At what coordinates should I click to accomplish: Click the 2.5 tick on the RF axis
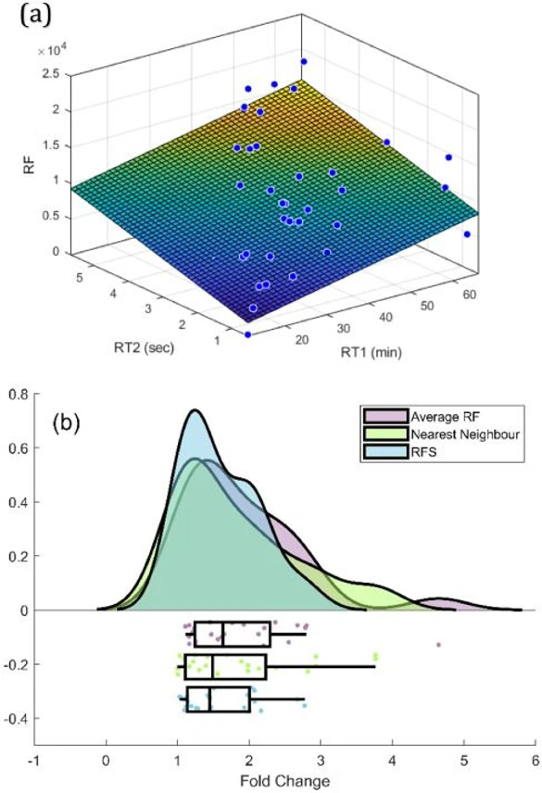(x=57, y=74)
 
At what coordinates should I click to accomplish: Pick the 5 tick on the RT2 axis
(x=82, y=275)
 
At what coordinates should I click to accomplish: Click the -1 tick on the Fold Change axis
(x=34, y=756)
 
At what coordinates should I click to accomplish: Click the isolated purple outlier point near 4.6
(x=438, y=645)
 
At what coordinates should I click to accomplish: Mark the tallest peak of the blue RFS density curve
(x=195, y=410)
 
